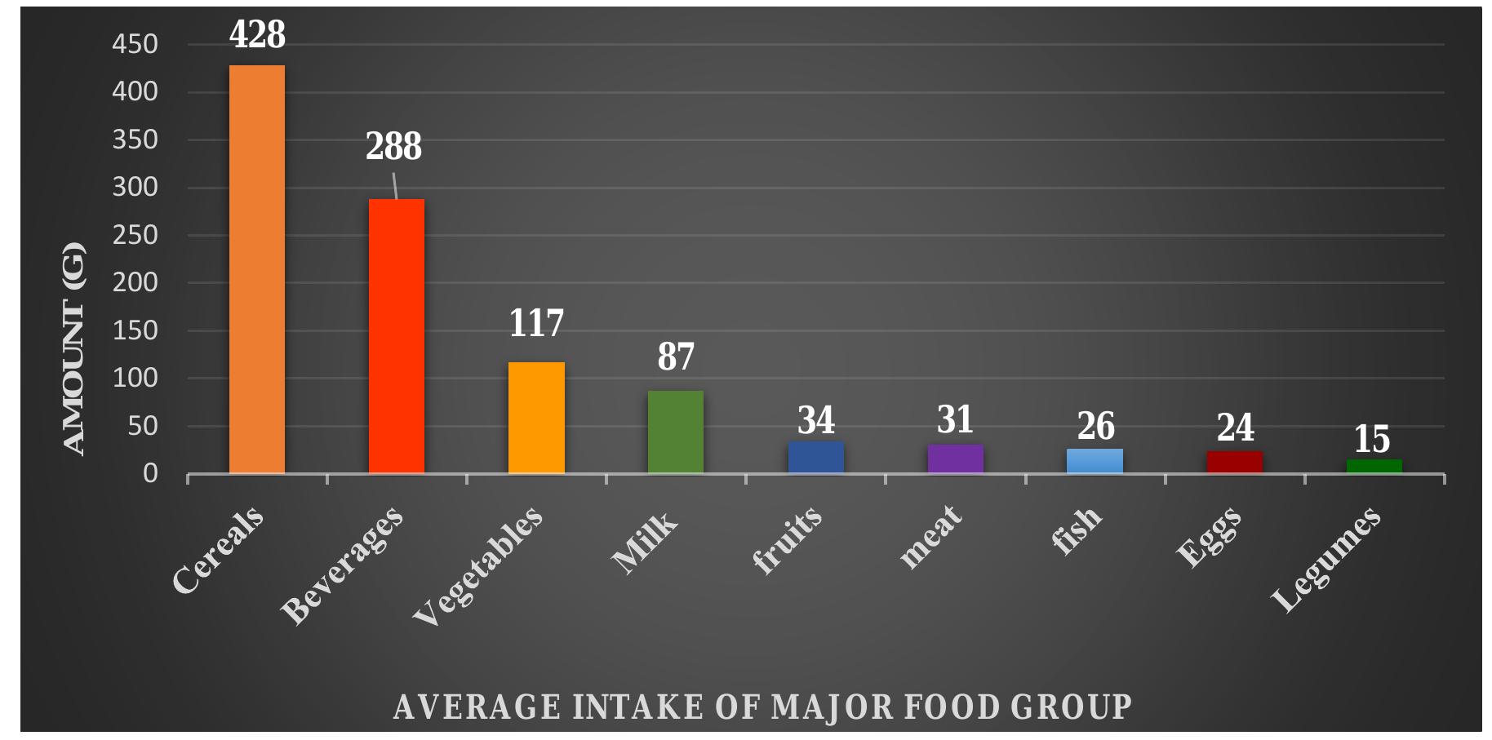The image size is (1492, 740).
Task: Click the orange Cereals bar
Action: (x=257, y=269)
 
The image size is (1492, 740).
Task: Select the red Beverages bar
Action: (x=397, y=336)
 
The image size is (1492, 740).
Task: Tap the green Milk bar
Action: (x=676, y=432)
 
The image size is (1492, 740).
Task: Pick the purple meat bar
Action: (x=955, y=459)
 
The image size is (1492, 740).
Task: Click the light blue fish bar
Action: (x=1095, y=461)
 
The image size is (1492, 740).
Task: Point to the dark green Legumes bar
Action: (x=1374, y=466)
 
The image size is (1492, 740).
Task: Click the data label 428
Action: (x=257, y=34)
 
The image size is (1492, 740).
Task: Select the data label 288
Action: (x=393, y=147)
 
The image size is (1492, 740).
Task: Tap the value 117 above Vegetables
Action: (x=536, y=323)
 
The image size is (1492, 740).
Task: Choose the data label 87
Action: (x=676, y=357)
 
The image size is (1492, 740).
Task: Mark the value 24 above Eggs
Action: (x=1235, y=428)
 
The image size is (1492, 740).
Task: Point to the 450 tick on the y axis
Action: (x=135, y=44)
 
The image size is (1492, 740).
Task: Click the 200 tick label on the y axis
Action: (x=135, y=282)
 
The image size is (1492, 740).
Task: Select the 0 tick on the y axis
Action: (x=150, y=473)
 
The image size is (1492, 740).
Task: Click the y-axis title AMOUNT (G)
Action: (x=73, y=348)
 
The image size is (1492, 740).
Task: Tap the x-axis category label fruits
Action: (x=787, y=540)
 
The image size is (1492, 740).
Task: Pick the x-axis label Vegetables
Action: (x=478, y=565)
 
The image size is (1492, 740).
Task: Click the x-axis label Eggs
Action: (x=1209, y=537)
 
